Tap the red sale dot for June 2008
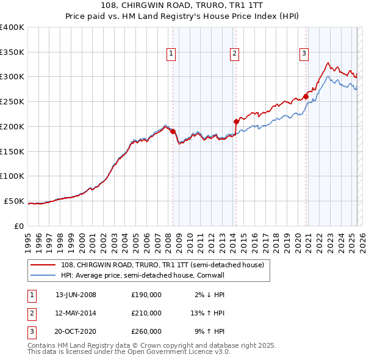tap(173, 131)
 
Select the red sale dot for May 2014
tap(236, 121)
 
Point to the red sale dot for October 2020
tap(306, 96)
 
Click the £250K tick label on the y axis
tap(12, 101)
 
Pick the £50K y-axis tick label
tap(14, 201)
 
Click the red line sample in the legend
tap(43, 265)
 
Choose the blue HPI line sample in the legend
tap(43, 276)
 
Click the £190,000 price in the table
tap(146, 295)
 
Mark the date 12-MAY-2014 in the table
tap(76, 313)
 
